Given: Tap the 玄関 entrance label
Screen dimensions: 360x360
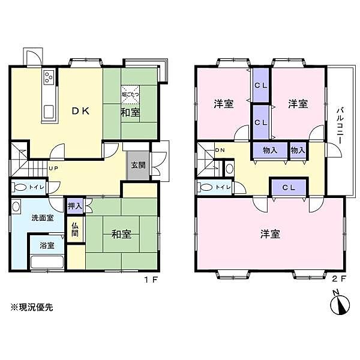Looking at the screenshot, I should pos(136,164).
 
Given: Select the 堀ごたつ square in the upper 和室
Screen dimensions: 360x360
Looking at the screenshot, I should pos(131,93).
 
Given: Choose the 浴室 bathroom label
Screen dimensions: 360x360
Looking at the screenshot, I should pos(46,245).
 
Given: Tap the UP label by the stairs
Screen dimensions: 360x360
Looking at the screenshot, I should pos(53,169).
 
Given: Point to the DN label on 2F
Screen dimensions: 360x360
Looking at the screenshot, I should pos(220,150).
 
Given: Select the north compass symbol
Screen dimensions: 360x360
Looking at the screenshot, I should pos(338,304).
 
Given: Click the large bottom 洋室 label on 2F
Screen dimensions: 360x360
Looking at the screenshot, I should pos(271,234).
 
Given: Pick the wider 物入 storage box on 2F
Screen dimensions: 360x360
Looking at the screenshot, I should pos(269,150).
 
